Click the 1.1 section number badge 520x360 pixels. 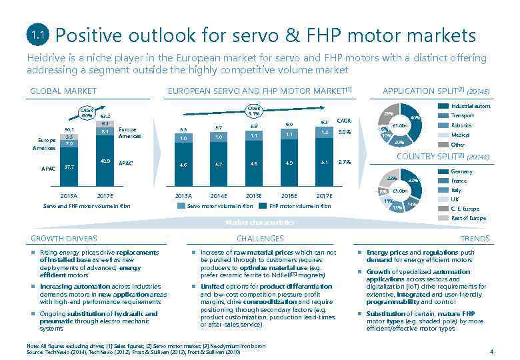pyautogui.click(x=37, y=34)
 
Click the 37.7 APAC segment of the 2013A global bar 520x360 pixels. pyautogui.click(x=69, y=168)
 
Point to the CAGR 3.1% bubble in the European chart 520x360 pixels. pyautogui.click(x=254, y=110)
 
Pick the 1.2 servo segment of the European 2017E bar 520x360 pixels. pyautogui.click(x=324, y=132)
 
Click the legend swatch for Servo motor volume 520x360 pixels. pyautogui.click(x=181, y=206)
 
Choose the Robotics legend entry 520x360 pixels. pyautogui.click(x=461, y=125)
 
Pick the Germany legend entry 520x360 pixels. pyautogui.click(x=462, y=171)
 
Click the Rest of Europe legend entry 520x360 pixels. pyautogui.click(x=468, y=218)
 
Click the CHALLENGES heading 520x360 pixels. pyautogui.click(x=260, y=238)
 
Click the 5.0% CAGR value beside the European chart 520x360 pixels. pyautogui.click(x=345, y=132)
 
